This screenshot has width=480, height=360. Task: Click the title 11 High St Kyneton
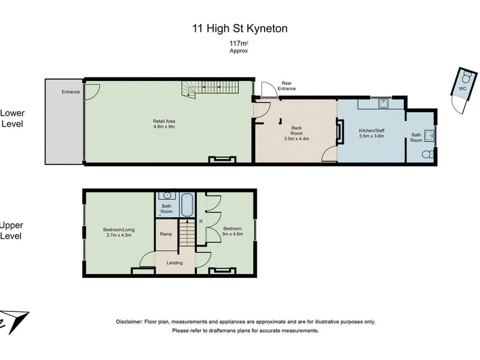(x=239, y=28)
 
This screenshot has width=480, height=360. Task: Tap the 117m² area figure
(x=239, y=43)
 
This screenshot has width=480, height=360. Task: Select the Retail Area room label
(x=164, y=124)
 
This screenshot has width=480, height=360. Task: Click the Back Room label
(x=296, y=133)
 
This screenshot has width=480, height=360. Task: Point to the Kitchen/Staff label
(x=371, y=133)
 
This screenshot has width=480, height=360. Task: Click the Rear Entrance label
(x=287, y=86)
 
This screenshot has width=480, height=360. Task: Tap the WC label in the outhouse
(x=462, y=88)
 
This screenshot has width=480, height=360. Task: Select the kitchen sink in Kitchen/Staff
(x=383, y=103)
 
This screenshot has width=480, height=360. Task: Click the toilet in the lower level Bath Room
(x=428, y=154)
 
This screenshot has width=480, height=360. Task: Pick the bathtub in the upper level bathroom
(x=187, y=205)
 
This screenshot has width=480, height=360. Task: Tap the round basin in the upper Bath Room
(x=167, y=196)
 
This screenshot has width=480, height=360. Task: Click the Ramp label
(x=166, y=234)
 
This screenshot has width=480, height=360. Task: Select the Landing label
(x=175, y=263)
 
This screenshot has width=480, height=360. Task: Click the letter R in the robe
(x=201, y=221)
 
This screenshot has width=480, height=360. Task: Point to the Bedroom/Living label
(x=119, y=232)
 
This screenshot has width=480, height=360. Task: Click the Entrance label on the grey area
(x=71, y=92)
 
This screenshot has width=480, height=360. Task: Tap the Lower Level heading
(x=12, y=118)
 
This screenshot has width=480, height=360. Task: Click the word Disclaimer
(x=129, y=322)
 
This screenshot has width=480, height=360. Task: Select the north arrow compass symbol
(x=14, y=322)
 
